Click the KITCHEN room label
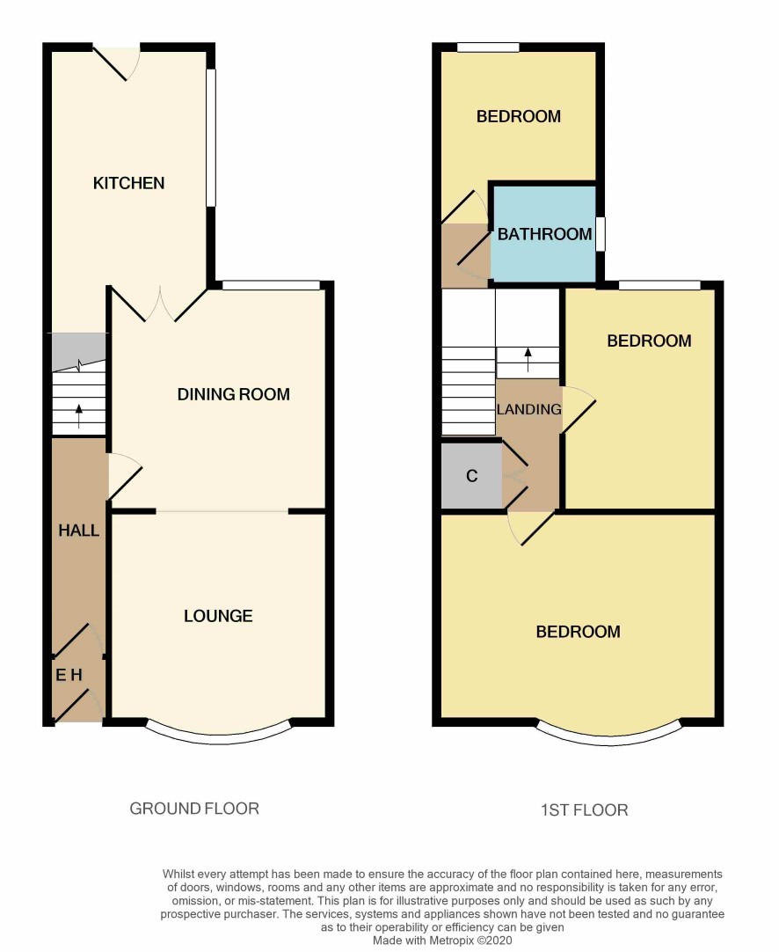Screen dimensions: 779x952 click(128, 183)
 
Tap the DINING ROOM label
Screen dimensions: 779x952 click(234, 394)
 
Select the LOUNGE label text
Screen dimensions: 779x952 click(218, 616)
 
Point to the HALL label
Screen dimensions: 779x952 click(79, 530)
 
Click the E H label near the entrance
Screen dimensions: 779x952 click(69, 675)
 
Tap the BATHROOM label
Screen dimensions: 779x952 click(545, 234)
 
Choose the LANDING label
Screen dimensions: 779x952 click(529, 409)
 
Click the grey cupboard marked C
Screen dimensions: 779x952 click(472, 476)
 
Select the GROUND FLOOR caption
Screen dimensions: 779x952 click(194, 808)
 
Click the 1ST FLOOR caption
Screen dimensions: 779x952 click(584, 810)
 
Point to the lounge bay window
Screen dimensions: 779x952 click(218, 735)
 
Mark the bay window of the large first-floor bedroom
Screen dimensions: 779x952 click(609, 736)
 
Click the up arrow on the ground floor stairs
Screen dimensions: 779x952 click(79, 416)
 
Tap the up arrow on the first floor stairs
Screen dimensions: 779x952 click(528, 359)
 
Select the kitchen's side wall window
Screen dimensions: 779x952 click(210, 138)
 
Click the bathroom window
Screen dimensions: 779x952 click(601, 234)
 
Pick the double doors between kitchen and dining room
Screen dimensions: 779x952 click(159, 304)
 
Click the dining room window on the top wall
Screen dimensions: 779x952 click(271, 285)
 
